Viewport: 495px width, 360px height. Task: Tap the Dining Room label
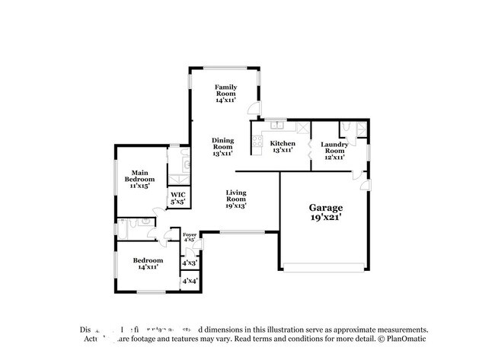click(x=223, y=146)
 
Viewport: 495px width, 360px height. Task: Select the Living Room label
click(x=235, y=199)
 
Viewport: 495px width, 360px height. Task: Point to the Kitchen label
click(x=282, y=146)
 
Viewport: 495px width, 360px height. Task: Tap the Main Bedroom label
click(x=139, y=179)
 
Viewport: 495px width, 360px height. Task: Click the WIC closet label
click(x=177, y=199)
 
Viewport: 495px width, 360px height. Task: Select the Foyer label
click(x=190, y=237)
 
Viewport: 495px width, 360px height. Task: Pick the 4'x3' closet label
click(x=190, y=263)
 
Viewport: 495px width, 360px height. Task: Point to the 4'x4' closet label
click(x=190, y=282)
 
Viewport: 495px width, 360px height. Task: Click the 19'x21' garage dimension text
click(x=325, y=217)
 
